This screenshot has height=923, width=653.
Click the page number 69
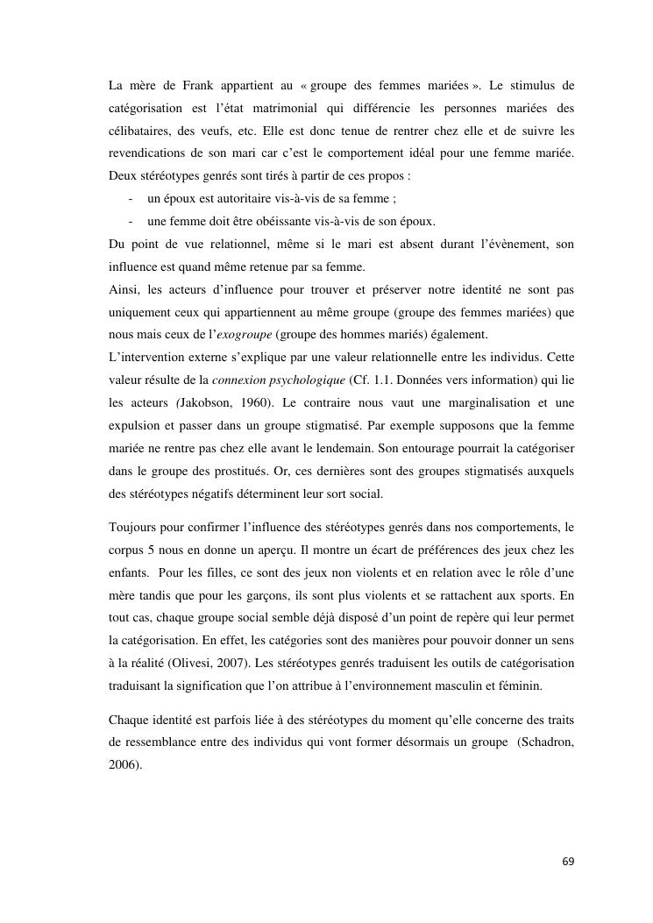coord(568,861)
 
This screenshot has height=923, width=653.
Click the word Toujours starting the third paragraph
coord(134,528)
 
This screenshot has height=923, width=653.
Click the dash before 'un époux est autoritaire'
coord(131,198)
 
